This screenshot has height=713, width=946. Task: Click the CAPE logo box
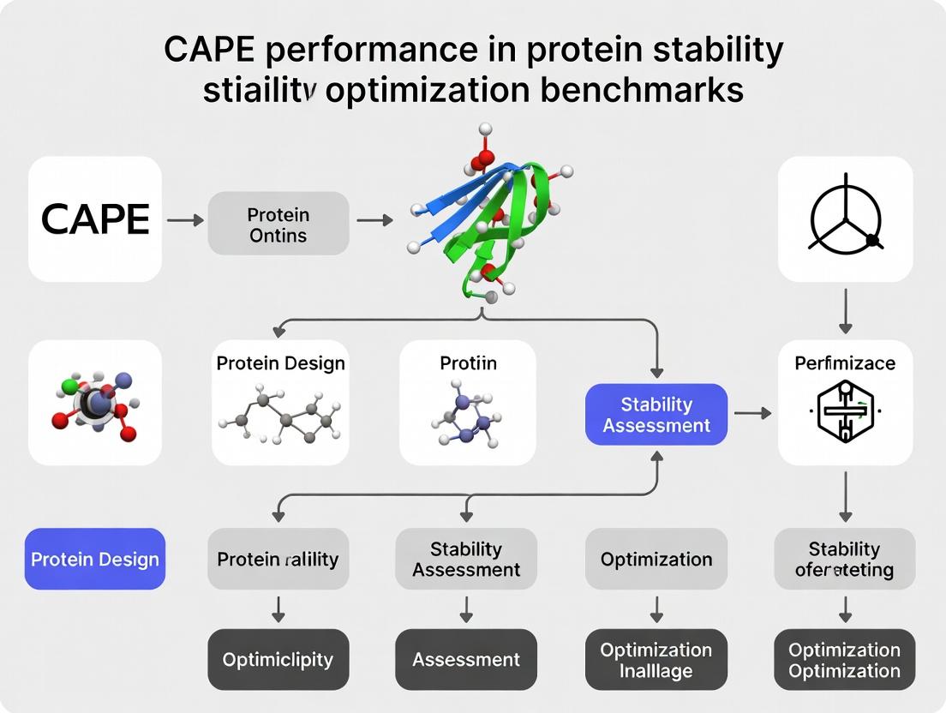click(95, 219)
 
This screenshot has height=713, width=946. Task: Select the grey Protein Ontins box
click(278, 223)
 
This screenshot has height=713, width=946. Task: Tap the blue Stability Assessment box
click(656, 414)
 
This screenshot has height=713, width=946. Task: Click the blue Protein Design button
click(95, 559)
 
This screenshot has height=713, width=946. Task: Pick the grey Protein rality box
click(278, 559)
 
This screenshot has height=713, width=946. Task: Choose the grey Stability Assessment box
click(466, 559)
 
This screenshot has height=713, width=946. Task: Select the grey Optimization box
click(656, 559)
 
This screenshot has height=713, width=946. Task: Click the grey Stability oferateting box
click(845, 559)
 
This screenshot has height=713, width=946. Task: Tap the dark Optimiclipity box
click(278, 659)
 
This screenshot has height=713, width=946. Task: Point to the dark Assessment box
click(466, 659)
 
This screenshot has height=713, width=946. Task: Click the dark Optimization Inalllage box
click(656, 659)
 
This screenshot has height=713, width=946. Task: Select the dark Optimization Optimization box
click(845, 659)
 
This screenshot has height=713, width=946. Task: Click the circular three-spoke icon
click(845, 219)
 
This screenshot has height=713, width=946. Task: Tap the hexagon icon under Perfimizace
click(845, 413)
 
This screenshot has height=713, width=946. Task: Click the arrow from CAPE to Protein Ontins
click(185, 220)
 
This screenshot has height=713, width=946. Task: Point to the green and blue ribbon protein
click(488, 219)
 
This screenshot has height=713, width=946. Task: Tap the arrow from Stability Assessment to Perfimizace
click(752, 414)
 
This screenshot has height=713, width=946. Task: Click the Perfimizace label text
click(845, 362)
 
